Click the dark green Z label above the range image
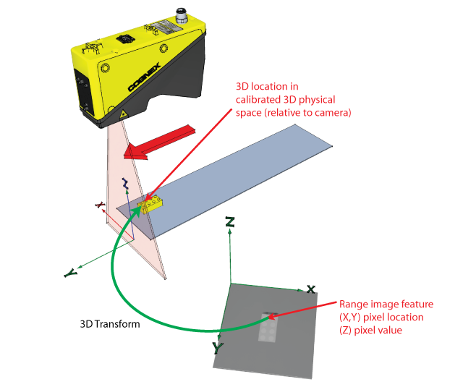[x=229, y=221]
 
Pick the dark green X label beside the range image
[x=310, y=289]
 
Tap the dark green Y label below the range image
[x=217, y=347]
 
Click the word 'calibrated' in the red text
[x=259, y=99]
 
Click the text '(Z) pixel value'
[x=372, y=330]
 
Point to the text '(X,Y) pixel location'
[x=381, y=318]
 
